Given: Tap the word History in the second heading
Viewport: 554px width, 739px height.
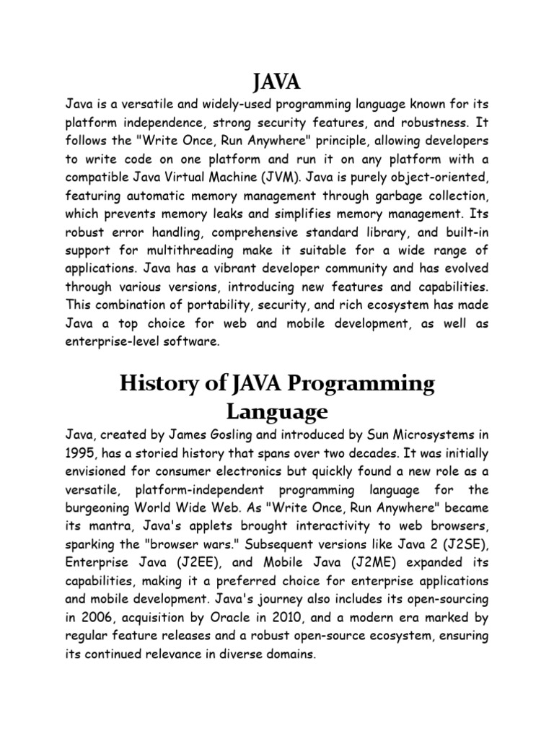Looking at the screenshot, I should (x=154, y=385).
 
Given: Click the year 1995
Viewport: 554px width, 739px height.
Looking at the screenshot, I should (x=80, y=454).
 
